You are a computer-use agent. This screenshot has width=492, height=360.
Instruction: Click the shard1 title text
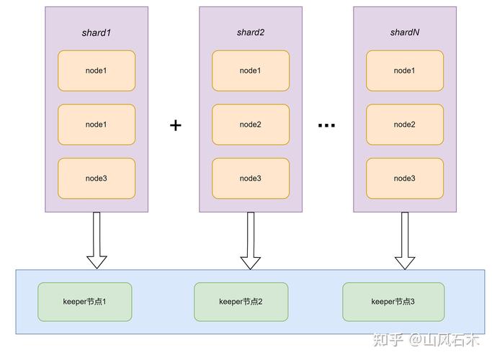[x=97, y=32]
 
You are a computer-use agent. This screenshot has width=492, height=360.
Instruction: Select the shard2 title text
[x=250, y=32]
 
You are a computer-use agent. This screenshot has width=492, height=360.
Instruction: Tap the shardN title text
[x=404, y=32]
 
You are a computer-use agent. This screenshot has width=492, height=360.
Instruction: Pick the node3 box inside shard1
[x=97, y=179]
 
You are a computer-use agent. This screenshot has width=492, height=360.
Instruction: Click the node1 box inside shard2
[x=250, y=71]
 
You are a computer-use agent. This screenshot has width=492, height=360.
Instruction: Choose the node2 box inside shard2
[x=250, y=125]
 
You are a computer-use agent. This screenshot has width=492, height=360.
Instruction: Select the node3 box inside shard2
[x=250, y=179]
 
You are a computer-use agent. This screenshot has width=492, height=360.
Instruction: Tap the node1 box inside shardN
[x=404, y=71]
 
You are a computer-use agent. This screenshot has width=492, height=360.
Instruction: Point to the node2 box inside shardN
[x=404, y=125]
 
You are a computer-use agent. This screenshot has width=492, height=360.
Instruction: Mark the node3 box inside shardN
[x=404, y=179]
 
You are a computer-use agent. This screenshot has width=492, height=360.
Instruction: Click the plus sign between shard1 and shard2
[x=175, y=125]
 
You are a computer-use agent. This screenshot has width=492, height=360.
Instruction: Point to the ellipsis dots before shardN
[x=326, y=125]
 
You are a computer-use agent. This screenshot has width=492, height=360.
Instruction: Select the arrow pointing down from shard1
[x=97, y=240]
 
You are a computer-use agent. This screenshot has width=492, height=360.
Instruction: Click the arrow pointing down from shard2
[x=250, y=240]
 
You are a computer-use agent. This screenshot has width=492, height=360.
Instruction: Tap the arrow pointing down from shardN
[x=405, y=240]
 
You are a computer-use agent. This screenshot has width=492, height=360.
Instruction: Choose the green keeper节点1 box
[x=84, y=301]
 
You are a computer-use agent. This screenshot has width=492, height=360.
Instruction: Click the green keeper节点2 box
[x=241, y=301]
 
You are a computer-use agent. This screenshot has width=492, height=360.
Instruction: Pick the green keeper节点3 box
[x=393, y=301]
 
